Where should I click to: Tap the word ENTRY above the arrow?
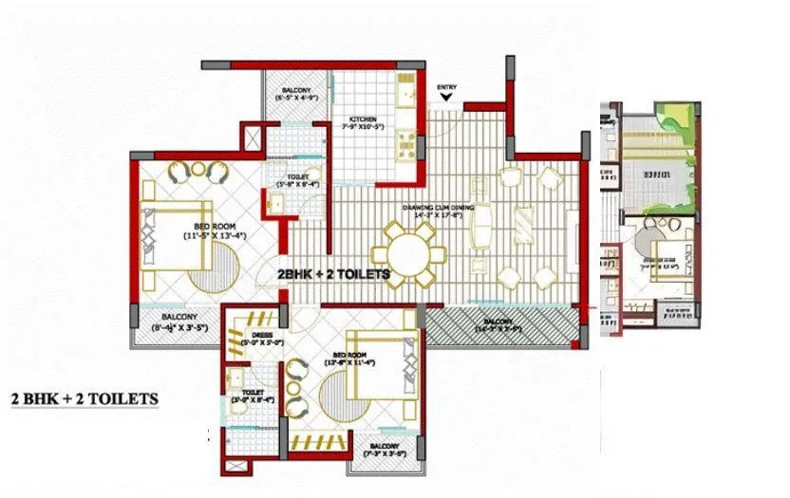click(447, 86)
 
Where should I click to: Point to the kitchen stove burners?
click(405, 143)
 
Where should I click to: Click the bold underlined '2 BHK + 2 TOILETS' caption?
click(84, 398)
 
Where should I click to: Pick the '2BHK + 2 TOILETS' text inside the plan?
click(333, 273)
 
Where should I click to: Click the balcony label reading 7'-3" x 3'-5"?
click(385, 451)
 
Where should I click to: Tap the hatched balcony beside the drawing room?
click(500, 328)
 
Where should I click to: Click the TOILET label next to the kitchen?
click(297, 179)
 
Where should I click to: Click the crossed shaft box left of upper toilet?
click(253, 136)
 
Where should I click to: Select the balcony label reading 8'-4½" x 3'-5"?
click(179, 323)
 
